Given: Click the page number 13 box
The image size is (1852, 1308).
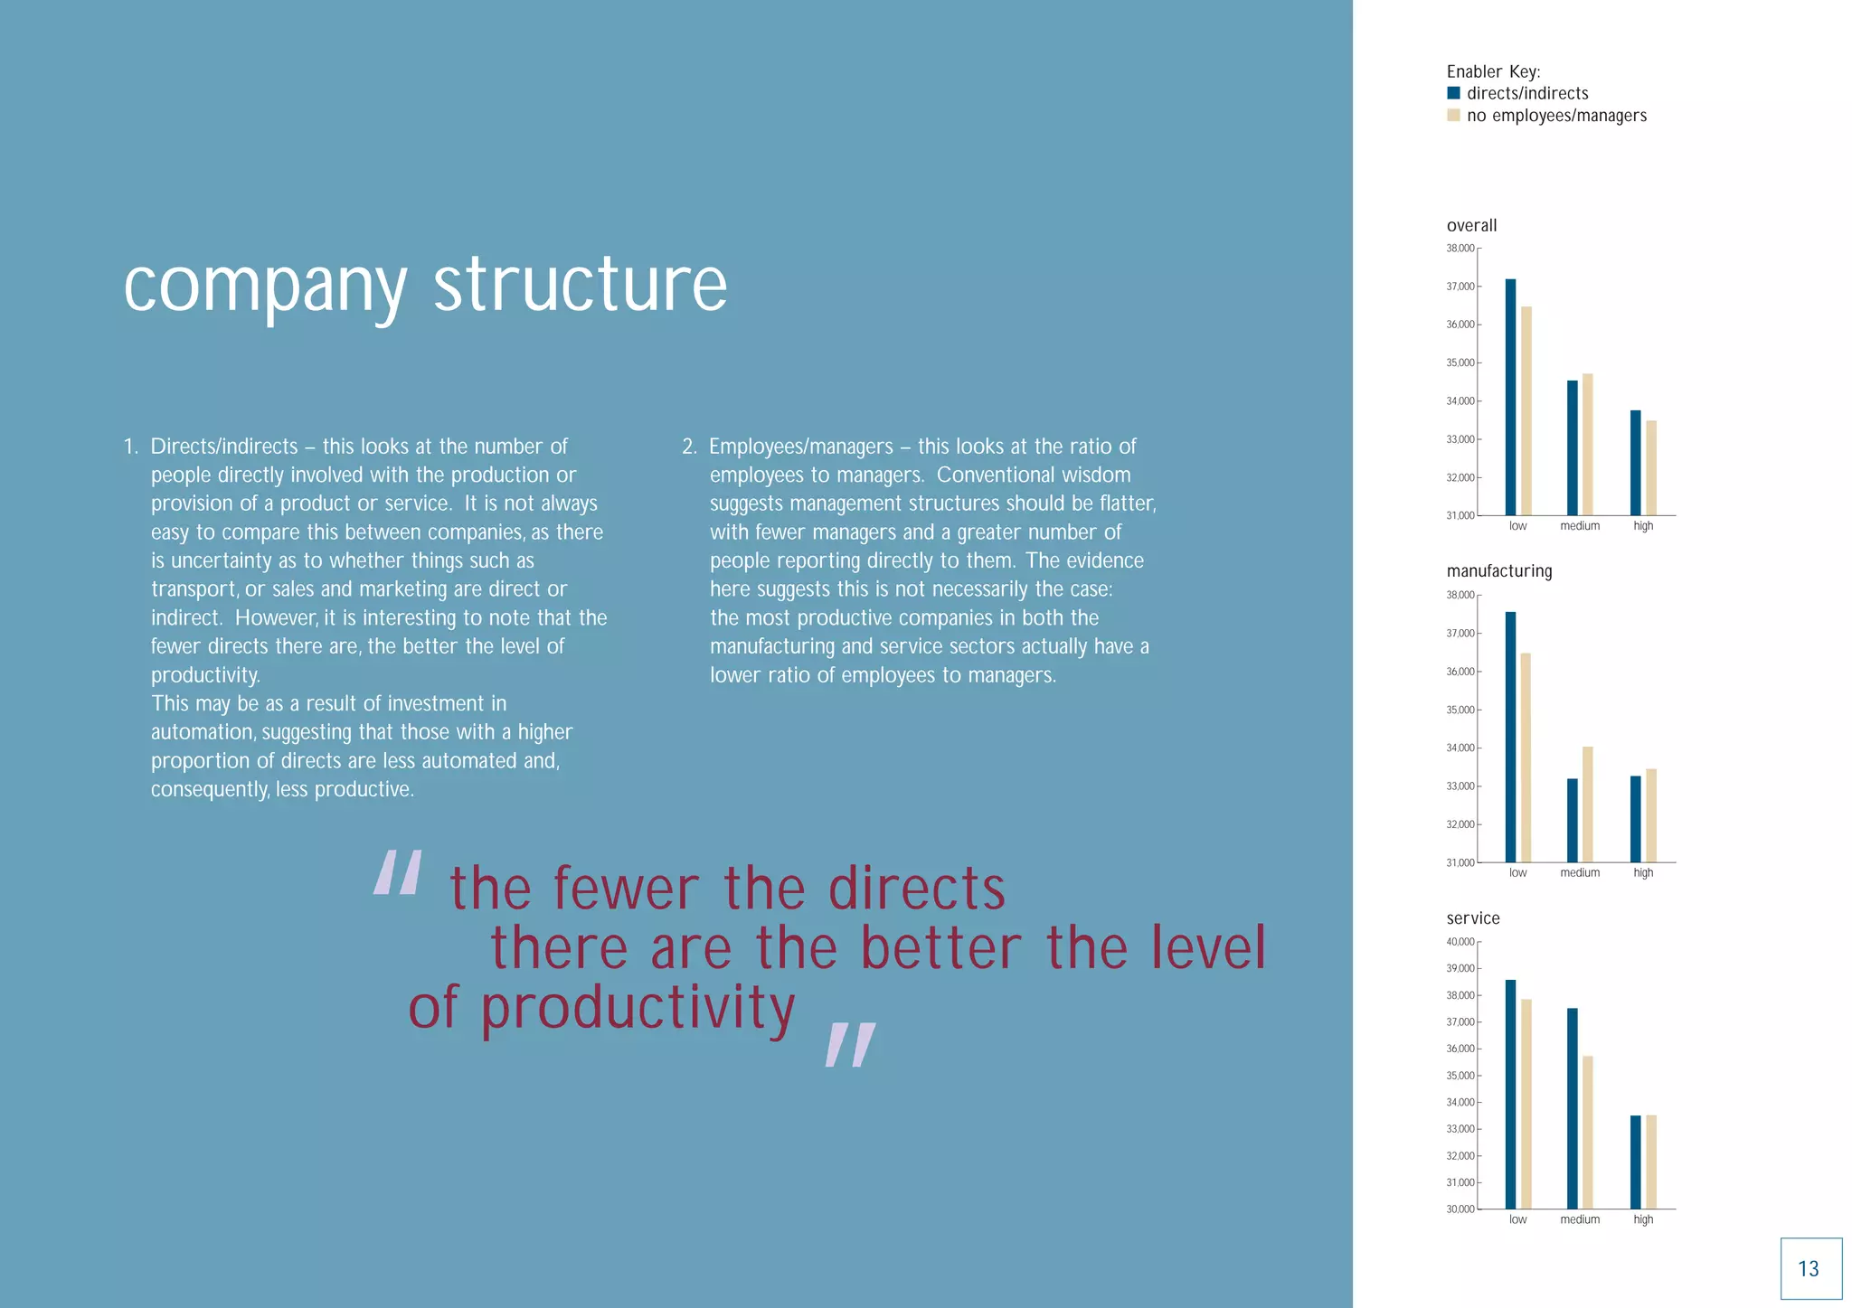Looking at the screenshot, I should pos(1810,1268).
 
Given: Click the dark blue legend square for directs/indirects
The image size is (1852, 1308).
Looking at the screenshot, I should pos(1453,93).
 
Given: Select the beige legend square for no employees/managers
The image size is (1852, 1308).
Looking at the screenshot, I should pos(1453,115).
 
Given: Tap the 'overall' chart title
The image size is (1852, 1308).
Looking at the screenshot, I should pos(1471,226).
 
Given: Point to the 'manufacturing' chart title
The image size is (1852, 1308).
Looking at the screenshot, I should pos(1498,571).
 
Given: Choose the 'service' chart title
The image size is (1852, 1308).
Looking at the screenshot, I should pos(1472,918).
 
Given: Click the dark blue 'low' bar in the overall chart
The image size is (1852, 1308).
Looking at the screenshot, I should pos(1510,398).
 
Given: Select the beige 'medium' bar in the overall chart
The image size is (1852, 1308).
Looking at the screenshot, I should pos(1587,445).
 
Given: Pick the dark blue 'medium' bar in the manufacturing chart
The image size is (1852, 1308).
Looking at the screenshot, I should pos(1572,821).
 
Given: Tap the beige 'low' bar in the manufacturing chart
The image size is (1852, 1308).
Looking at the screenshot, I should pos(1526,758).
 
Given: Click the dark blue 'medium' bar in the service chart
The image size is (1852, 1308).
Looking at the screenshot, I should pos(1572,1108).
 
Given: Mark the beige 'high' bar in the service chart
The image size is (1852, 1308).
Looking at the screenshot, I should pos(1650,1162).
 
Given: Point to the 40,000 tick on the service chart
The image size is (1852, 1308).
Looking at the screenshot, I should pos(1460,942).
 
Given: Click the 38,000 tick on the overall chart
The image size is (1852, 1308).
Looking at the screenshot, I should pos(1460,249).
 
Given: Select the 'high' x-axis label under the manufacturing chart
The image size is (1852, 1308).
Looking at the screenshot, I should pos(1643,873).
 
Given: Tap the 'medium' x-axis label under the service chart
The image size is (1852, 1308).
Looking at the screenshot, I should pos(1580,1220).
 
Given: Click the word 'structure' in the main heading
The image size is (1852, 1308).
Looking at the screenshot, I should pos(580,286).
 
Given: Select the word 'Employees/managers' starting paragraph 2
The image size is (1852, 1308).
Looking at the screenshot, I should pos(800,447).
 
